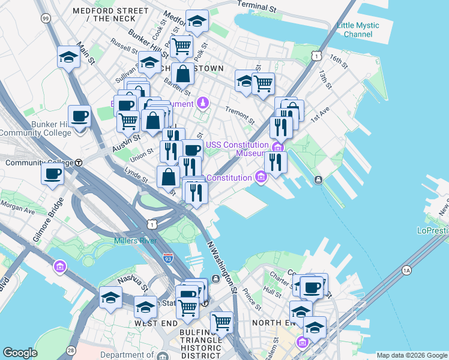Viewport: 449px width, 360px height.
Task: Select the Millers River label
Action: click(135, 241)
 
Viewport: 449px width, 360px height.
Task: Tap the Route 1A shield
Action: click(407, 271)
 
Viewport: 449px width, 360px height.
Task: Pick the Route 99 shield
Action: click(46, 19)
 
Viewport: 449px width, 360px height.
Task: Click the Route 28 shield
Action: click(71, 350)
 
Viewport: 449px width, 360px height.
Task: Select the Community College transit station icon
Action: click(79, 163)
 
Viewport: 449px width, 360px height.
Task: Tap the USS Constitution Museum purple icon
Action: click(277, 148)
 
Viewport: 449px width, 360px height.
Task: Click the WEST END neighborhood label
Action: click(155, 323)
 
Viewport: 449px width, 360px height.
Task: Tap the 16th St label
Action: click(339, 60)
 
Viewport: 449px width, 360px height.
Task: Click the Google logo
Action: click(20, 353)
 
